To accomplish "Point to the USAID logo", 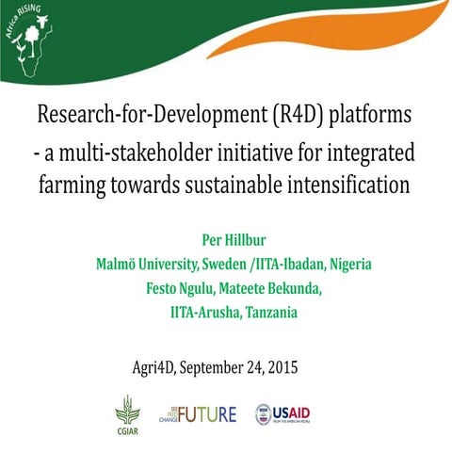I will point(282,413).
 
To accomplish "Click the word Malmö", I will point(120,264).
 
